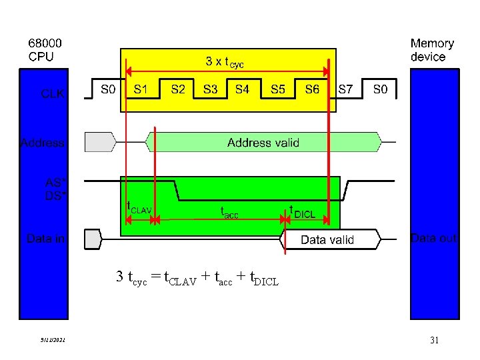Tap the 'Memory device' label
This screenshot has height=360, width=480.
pos(432,50)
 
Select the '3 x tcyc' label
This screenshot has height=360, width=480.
pos(225,63)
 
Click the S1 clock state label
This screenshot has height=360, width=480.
pos(141,89)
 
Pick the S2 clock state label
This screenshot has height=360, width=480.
pos(178,89)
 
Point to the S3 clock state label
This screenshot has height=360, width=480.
pos(210,89)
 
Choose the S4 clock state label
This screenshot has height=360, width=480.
pos(242,89)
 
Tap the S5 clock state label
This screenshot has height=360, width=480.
pos(279,89)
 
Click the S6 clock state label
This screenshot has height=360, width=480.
pos(312,89)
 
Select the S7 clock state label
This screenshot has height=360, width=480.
pos(346,89)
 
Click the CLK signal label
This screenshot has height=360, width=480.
pos(53,94)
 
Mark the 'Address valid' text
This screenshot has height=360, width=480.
pos(263,143)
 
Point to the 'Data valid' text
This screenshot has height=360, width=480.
pos(327,240)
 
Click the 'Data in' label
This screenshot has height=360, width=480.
pos(45,238)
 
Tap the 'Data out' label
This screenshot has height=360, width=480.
pos(434,238)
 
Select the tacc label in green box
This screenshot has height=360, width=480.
pos(229,211)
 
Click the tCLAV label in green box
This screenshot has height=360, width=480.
pos(140,207)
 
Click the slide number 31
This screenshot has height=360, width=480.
pos(434,341)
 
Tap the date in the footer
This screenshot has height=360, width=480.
pos(51,341)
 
